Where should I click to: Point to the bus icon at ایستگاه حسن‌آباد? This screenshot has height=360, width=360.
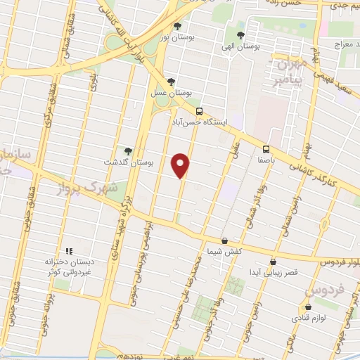199,111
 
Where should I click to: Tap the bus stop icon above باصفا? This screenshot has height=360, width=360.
266,149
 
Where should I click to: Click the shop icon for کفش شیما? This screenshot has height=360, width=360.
224,240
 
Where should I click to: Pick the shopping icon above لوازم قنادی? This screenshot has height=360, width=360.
309,307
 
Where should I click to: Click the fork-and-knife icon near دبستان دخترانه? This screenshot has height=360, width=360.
69,251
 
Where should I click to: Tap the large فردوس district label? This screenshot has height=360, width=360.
326,288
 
